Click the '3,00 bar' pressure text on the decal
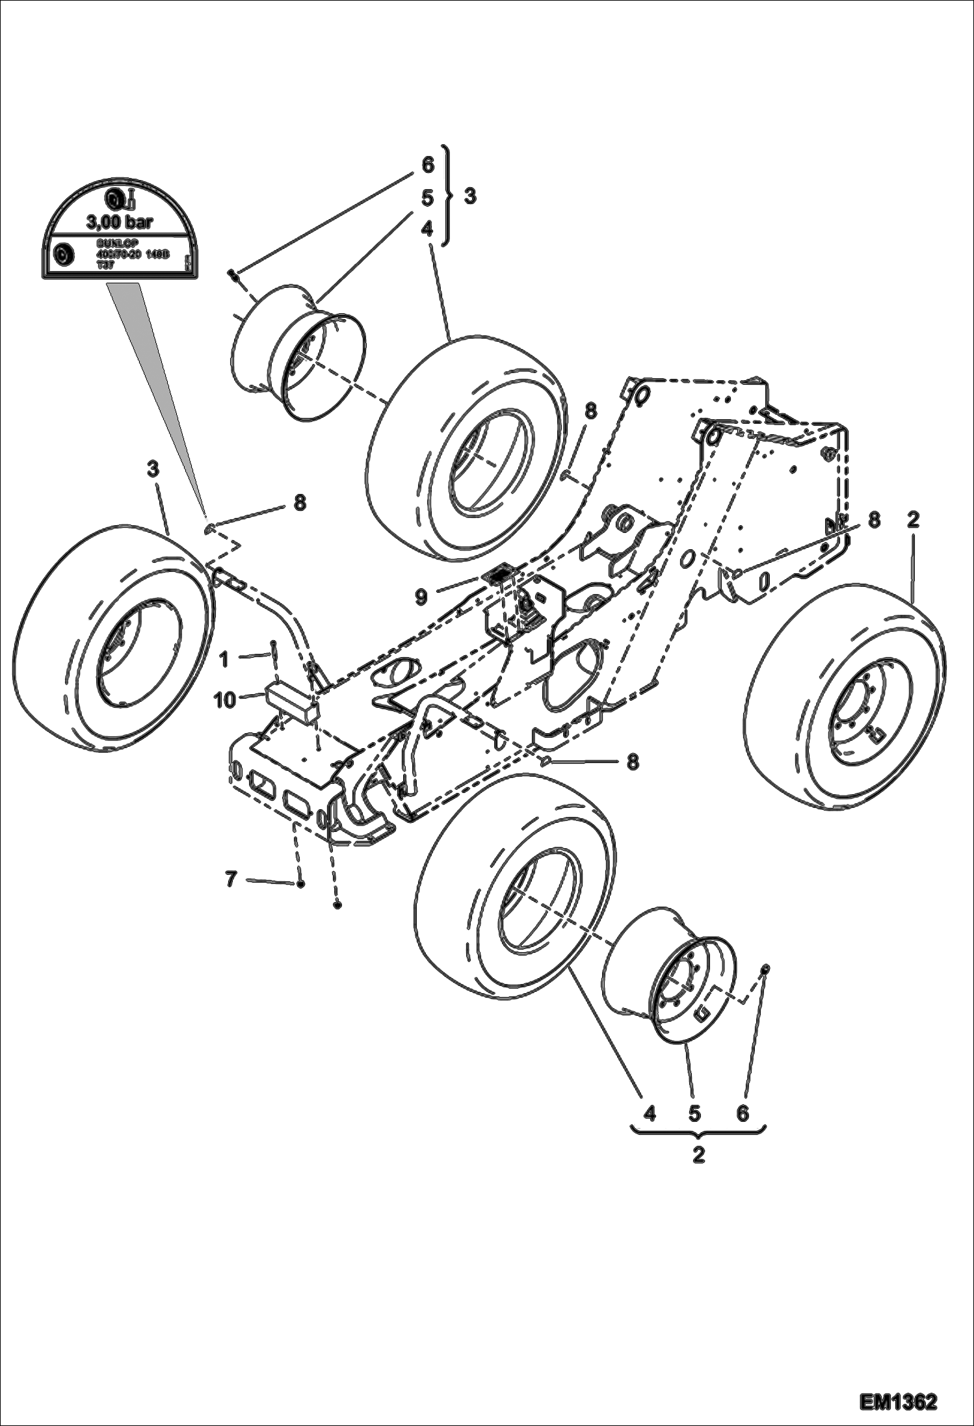point(119,223)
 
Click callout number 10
point(225,701)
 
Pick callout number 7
point(231,880)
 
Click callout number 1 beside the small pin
point(224,660)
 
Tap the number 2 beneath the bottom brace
point(698,1156)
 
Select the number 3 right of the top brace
point(469,196)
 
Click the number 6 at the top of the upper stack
point(427,165)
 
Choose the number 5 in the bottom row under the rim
point(694,1113)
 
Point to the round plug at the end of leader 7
point(300,884)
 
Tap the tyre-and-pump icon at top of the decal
point(120,198)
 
